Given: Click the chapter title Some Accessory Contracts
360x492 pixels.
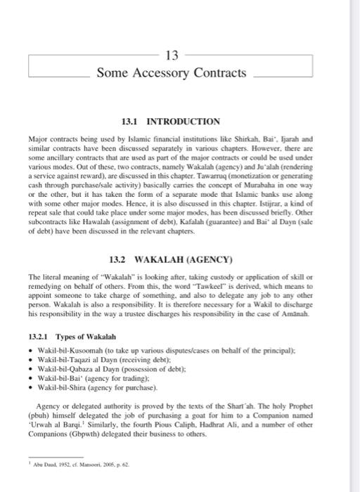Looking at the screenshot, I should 172,72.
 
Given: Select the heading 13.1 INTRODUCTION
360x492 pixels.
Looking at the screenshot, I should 171,121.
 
